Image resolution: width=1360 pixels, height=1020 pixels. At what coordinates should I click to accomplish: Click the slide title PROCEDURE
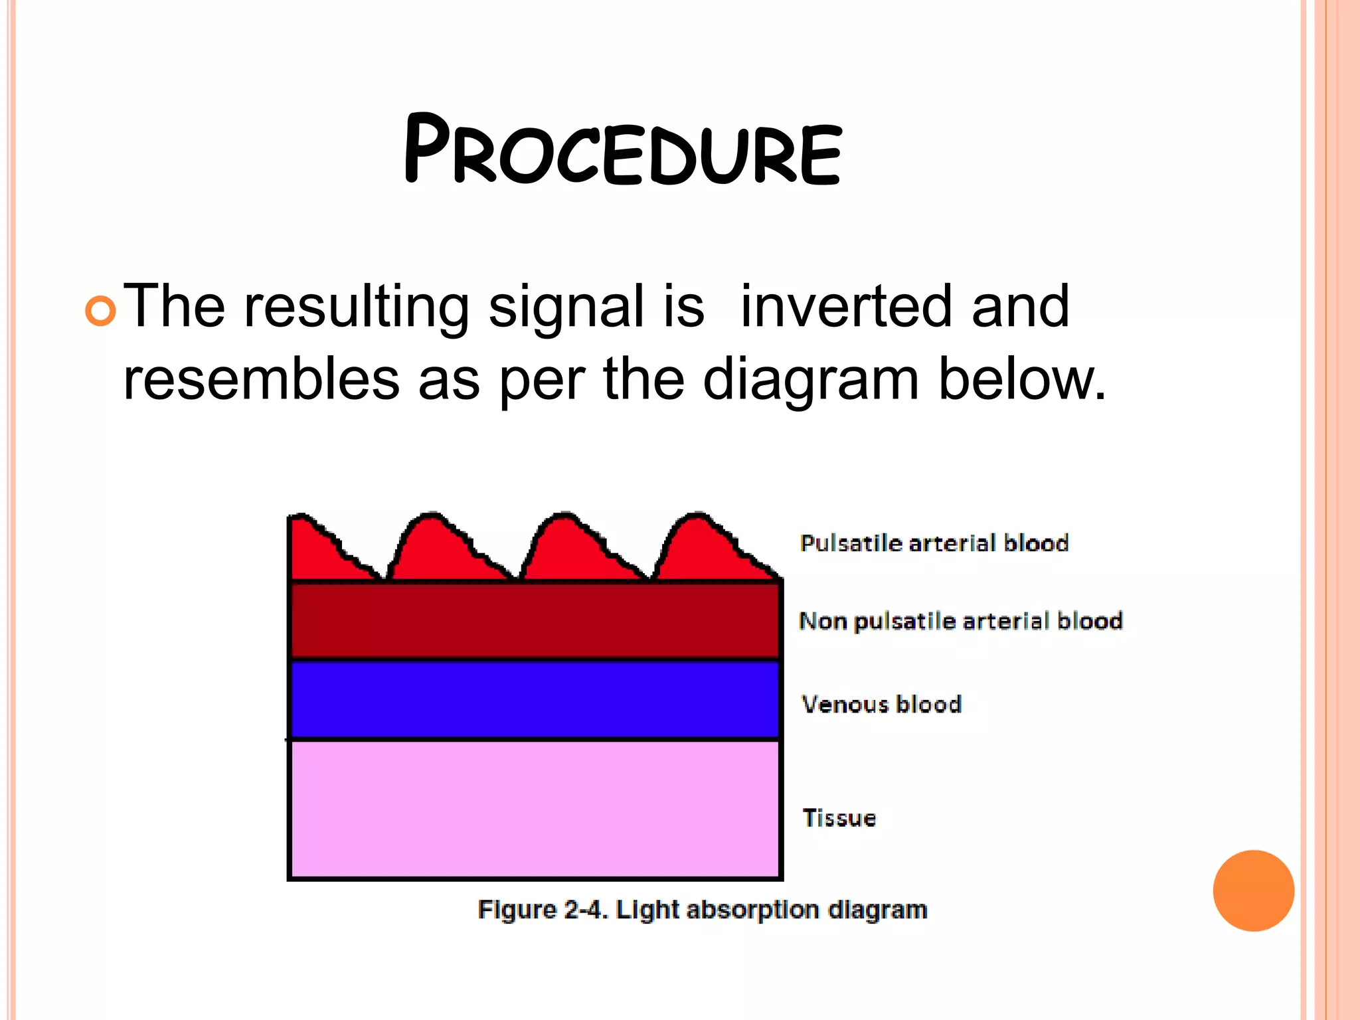point(622,150)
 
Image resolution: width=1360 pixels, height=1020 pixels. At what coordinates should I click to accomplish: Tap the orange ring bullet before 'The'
point(101,310)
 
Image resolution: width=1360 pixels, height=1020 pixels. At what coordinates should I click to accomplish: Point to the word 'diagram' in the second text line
point(811,381)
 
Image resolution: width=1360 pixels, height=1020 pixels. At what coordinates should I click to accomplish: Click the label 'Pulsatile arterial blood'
point(934,543)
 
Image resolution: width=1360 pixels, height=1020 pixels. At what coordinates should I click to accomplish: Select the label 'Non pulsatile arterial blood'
point(960,621)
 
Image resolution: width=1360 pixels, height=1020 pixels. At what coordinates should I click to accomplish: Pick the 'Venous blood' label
point(881,704)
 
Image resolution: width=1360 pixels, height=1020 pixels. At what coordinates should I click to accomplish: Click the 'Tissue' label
point(839,817)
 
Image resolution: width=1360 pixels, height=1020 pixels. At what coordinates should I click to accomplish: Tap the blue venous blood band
point(535,699)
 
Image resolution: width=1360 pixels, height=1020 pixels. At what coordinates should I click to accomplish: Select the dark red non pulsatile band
point(535,620)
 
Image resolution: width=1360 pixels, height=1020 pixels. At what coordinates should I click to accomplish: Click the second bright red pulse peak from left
point(435,545)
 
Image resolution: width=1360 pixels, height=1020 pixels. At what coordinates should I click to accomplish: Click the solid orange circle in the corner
point(1253,891)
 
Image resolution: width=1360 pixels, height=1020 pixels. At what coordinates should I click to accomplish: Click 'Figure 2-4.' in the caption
point(542,909)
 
